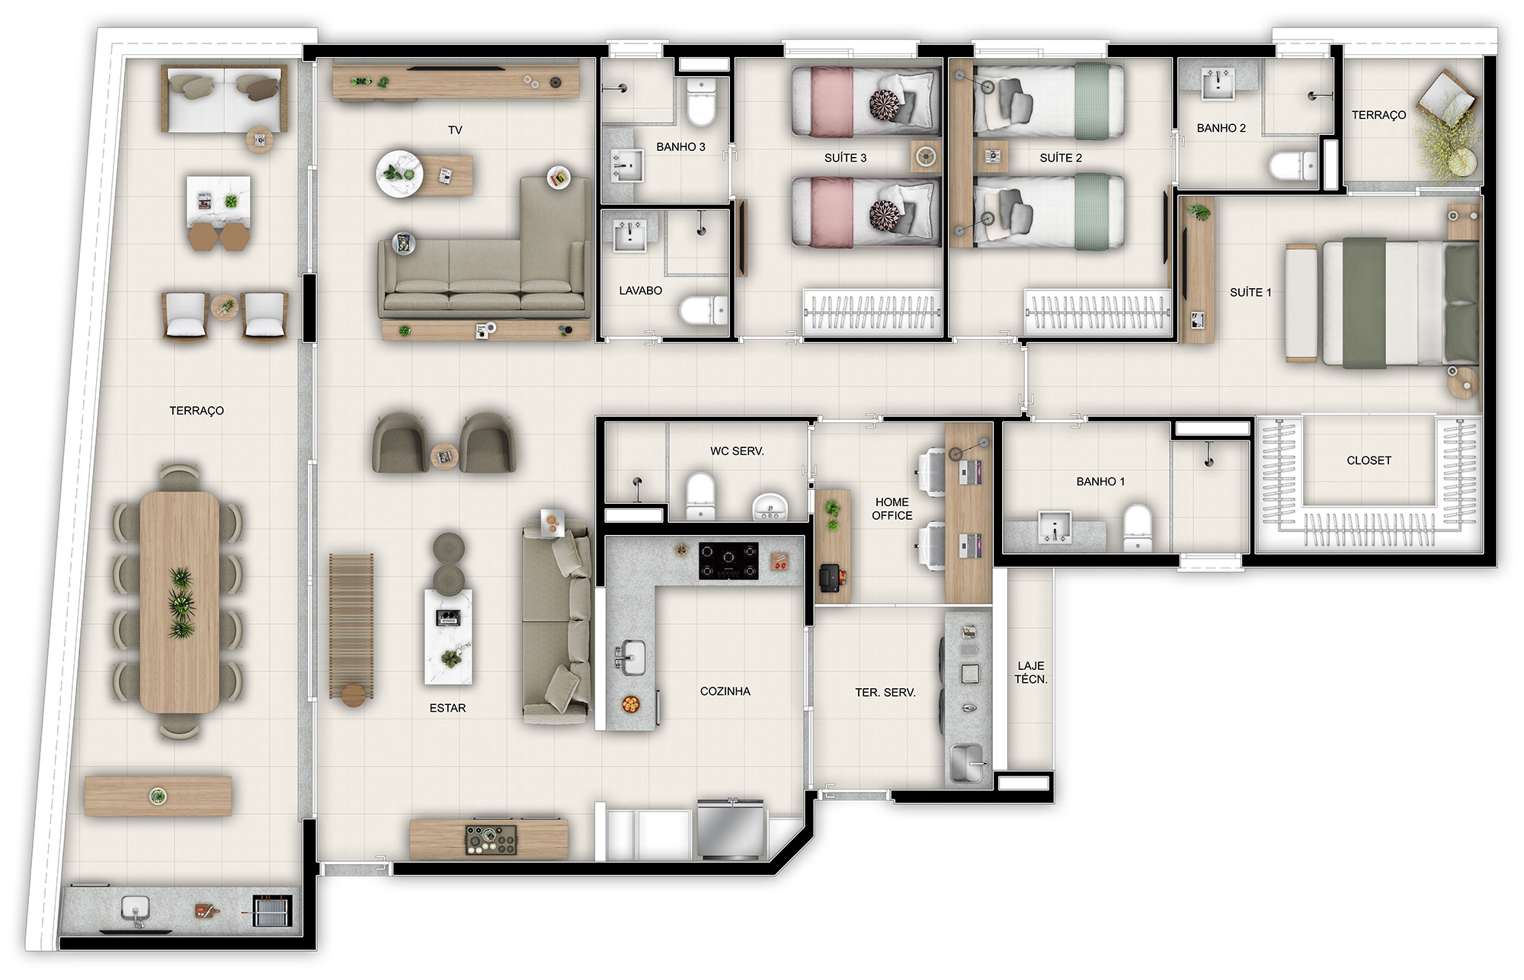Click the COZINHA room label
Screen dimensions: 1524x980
click(725, 691)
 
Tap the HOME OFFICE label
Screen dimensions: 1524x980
click(892, 508)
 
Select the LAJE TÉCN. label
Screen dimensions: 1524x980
click(1031, 672)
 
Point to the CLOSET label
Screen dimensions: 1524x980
click(1369, 460)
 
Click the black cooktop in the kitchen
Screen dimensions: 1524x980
click(728, 561)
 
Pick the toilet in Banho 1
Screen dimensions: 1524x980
click(1137, 527)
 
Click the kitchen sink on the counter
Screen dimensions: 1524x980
click(630, 658)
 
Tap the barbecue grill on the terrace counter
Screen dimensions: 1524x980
click(272, 911)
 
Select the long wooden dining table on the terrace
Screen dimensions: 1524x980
click(180, 602)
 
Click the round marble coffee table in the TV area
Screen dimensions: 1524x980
click(399, 175)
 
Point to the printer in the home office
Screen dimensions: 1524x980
click(830, 578)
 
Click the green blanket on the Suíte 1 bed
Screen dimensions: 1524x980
click(1364, 303)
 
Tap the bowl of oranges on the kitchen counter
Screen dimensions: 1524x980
click(630, 704)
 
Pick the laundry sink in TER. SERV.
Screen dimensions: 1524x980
click(968, 762)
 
